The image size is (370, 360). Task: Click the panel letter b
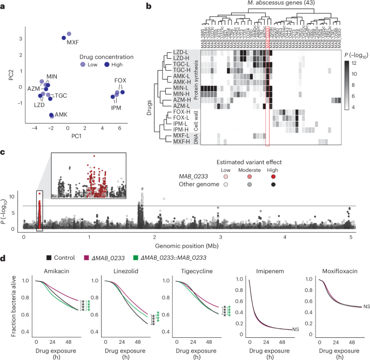(x=142, y=5)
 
